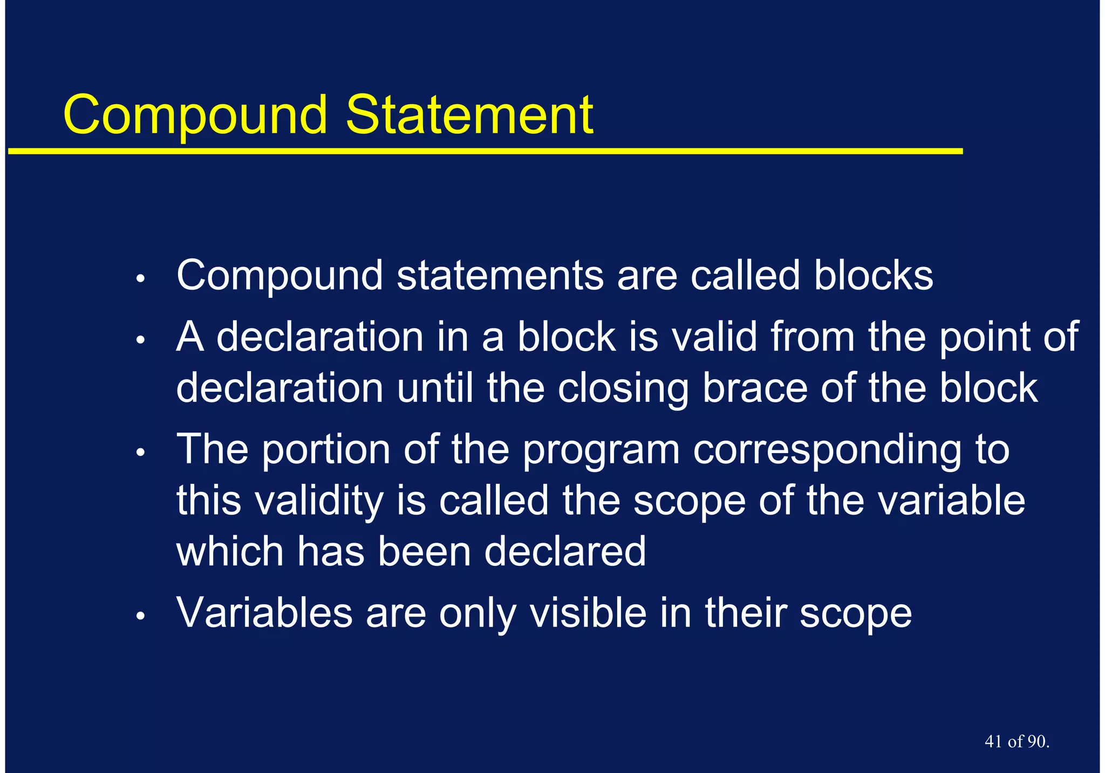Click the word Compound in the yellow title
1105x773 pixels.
pos(195,115)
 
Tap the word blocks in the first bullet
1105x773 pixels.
pos(873,276)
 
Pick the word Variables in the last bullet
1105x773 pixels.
pos(264,613)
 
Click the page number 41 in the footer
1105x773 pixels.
pos(993,742)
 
